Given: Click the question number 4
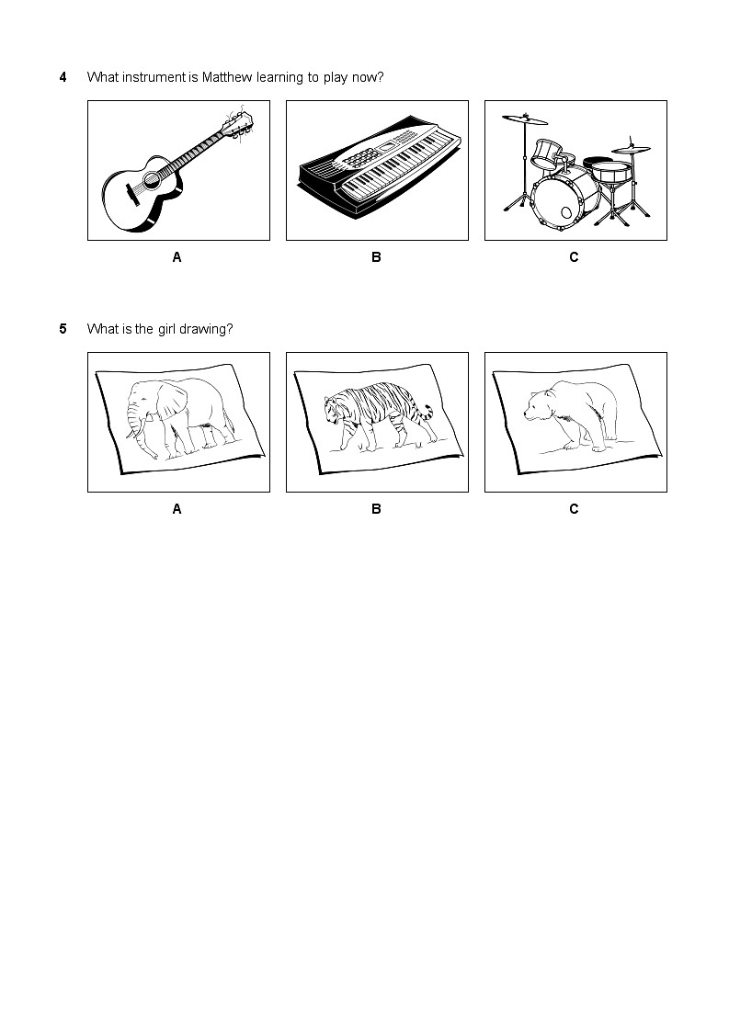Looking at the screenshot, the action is [x=63, y=78].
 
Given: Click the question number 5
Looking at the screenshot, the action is [x=63, y=329].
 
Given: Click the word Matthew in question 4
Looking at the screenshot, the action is [x=226, y=77].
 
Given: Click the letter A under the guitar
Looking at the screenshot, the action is [x=177, y=257].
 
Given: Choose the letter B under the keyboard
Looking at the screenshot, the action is [x=376, y=257].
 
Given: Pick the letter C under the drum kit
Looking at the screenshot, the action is [x=574, y=257].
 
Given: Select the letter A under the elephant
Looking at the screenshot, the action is [x=177, y=509].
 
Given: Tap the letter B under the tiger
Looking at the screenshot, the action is [x=376, y=509].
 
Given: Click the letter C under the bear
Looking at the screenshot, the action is [x=574, y=509].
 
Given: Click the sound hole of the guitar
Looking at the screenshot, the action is [x=152, y=177].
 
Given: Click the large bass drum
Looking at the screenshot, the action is [x=565, y=198].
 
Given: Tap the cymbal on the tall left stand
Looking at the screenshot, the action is [x=525, y=119].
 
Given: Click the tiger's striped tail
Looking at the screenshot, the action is [x=427, y=414].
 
